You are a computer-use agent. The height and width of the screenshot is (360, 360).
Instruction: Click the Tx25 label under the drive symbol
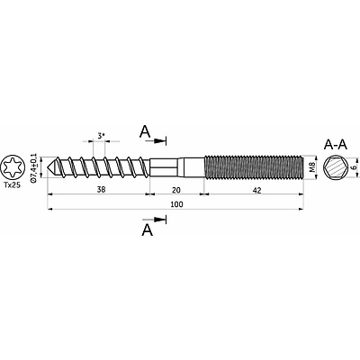pos(13,185)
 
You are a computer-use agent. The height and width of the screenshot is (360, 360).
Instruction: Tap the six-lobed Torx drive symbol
pos(13,167)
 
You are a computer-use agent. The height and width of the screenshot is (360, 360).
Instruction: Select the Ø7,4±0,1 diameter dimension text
pos(33,167)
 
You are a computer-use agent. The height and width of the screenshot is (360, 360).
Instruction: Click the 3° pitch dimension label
pos(101,136)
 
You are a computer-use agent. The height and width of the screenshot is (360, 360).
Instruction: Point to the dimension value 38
pos(102,190)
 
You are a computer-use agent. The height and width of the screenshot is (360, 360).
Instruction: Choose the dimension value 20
pos(176,190)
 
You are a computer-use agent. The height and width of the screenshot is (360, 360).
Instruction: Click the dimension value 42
pos(257,190)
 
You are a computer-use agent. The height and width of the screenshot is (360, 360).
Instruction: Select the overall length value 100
pos(176,204)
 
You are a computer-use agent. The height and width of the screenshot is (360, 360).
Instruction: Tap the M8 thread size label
pos(311,167)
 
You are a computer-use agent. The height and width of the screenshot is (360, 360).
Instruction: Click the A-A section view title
pos(336,145)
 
